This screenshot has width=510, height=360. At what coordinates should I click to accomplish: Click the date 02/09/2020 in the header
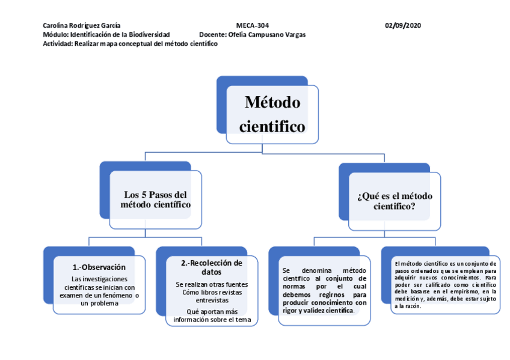(x=403, y=25)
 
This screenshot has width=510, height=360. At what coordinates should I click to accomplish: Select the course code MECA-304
(x=253, y=25)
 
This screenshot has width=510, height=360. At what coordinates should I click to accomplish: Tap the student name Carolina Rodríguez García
(x=82, y=25)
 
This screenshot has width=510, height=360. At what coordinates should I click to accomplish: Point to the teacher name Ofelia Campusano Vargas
(x=267, y=34)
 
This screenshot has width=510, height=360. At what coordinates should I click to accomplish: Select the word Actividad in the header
(x=58, y=43)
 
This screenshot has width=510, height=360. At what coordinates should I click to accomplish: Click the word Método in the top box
(x=272, y=102)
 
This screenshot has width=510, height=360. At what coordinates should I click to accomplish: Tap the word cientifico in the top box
(x=272, y=127)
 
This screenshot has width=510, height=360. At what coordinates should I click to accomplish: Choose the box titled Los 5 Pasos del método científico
(x=156, y=200)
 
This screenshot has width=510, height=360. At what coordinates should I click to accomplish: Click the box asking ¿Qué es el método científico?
(x=395, y=200)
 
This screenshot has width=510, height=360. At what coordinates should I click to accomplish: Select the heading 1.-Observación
(x=99, y=267)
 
